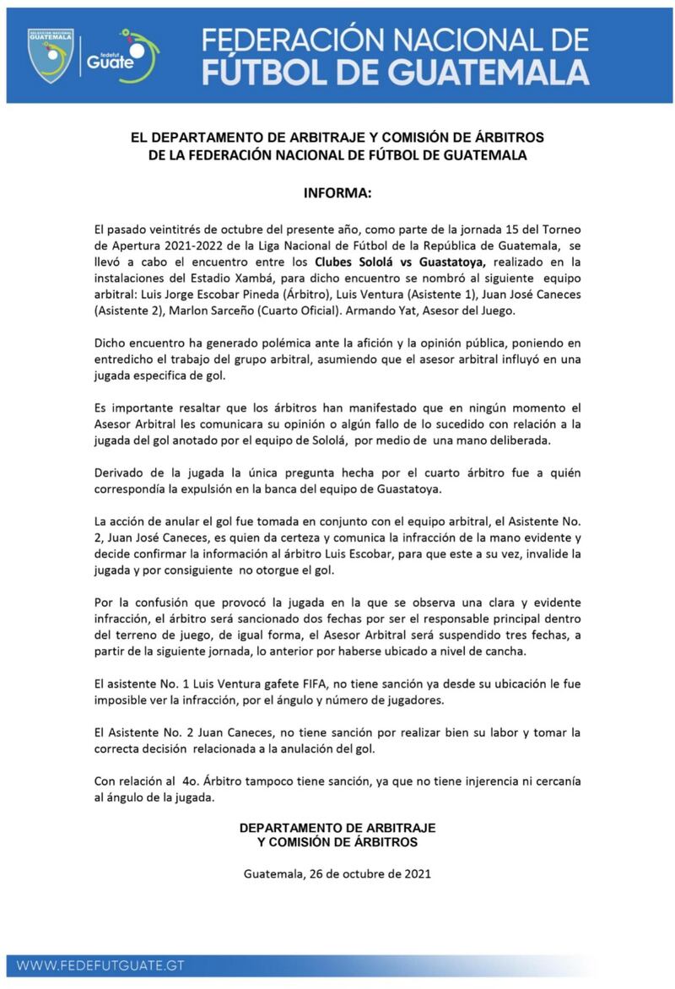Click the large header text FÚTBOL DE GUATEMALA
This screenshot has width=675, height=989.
(396, 73)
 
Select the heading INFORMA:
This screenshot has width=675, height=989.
(337, 193)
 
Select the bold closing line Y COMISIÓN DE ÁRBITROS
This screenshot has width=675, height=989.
(337, 841)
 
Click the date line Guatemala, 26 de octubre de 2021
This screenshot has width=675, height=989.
(337, 873)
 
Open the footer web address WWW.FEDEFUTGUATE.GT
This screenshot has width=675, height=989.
(100, 965)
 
